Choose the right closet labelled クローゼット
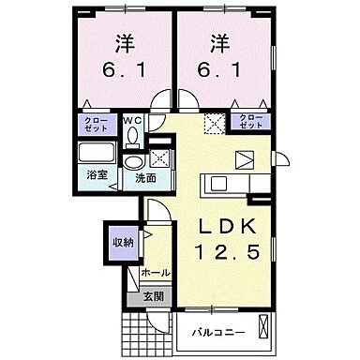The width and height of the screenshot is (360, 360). coord(252,120)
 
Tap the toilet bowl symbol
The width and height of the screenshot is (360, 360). coord(131,135)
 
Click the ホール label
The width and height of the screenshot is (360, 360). coord(155,273)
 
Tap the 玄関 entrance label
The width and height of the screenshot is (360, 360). coord(153,295)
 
